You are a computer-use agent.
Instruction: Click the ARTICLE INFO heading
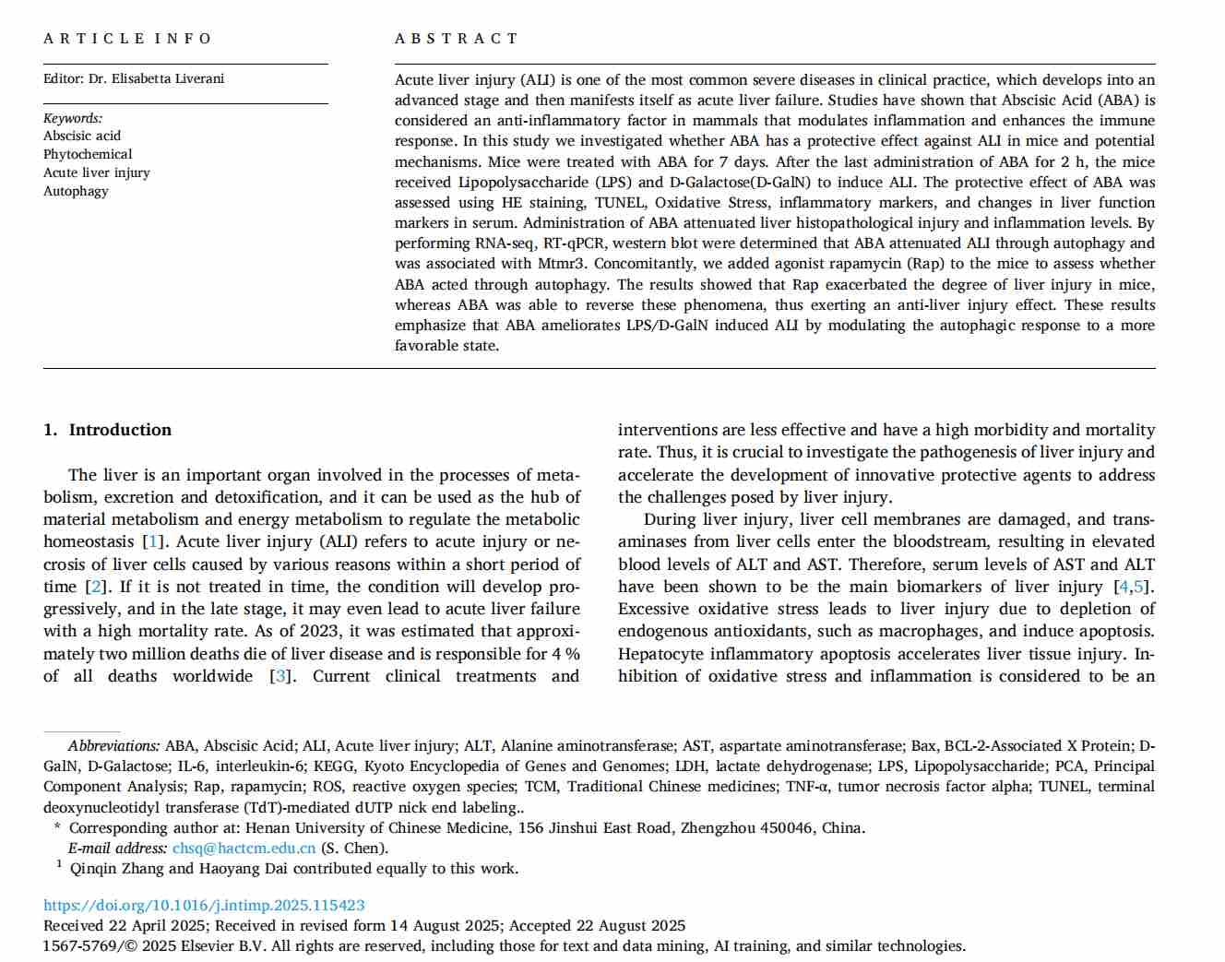pyautogui.click(x=127, y=39)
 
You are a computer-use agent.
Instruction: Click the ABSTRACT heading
pyautogui.click(x=456, y=39)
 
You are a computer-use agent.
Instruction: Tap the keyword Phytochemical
pyautogui.click(x=88, y=154)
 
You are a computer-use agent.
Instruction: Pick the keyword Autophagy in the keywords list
pyautogui.click(x=76, y=191)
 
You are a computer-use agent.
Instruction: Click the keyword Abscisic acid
pyautogui.click(x=82, y=136)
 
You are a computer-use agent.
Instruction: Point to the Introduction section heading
pyautogui.click(x=120, y=430)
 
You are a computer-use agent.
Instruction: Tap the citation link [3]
pyautogui.click(x=279, y=676)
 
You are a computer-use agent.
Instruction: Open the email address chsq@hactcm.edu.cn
pyautogui.click(x=244, y=849)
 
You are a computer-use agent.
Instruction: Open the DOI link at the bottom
pyautogui.click(x=204, y=906)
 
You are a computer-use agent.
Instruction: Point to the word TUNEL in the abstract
pyautogui.click(x=620, y=203)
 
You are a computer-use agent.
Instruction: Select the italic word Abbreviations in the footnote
pyautogui.click(x=113, y=746)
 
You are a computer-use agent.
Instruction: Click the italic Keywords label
pyautogui.click(x=73, y=118)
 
